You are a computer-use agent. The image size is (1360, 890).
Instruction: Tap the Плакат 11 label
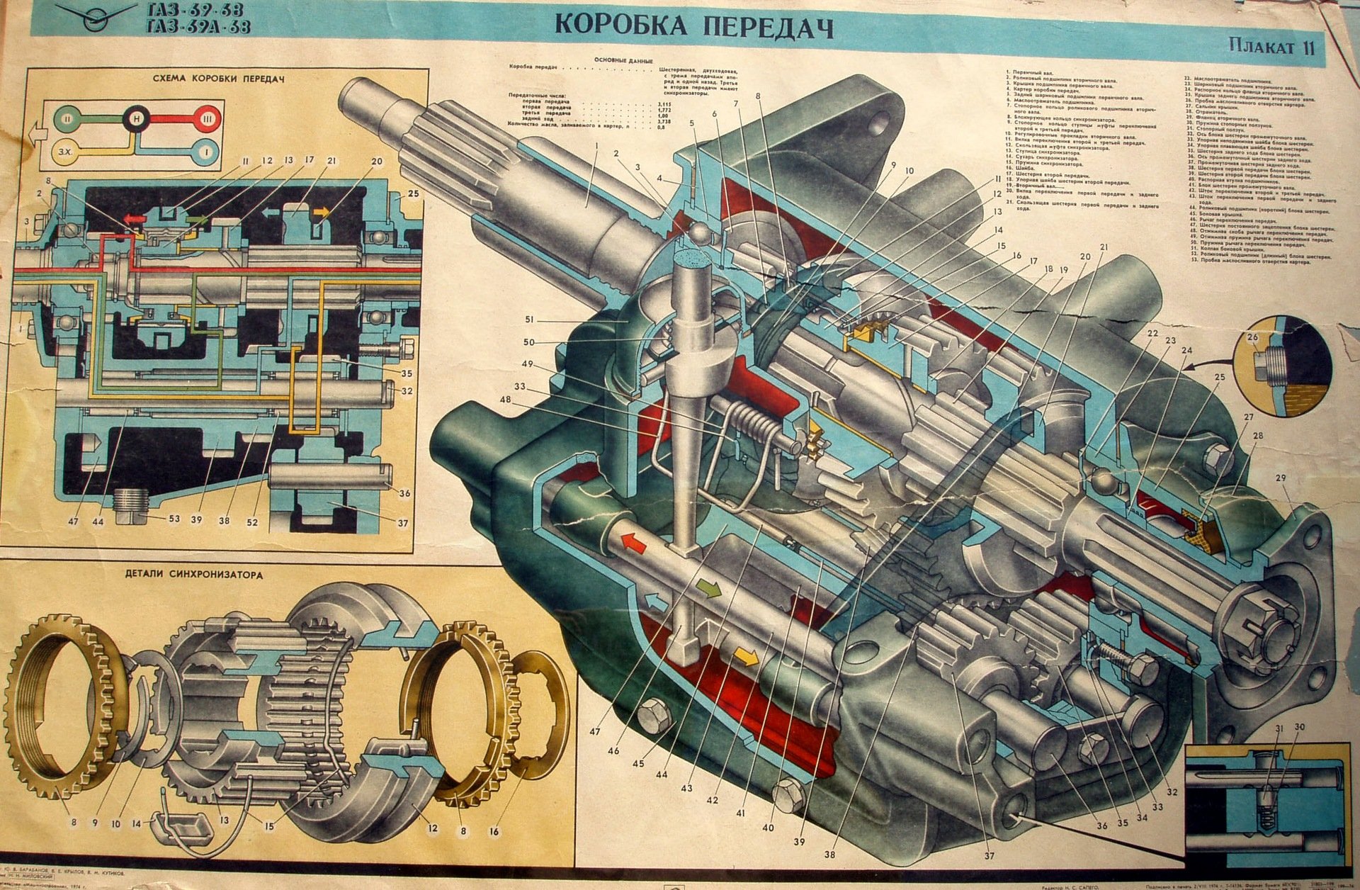click(1272, 49)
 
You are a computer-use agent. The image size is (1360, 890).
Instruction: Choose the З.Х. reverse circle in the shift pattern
click(59, 152)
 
